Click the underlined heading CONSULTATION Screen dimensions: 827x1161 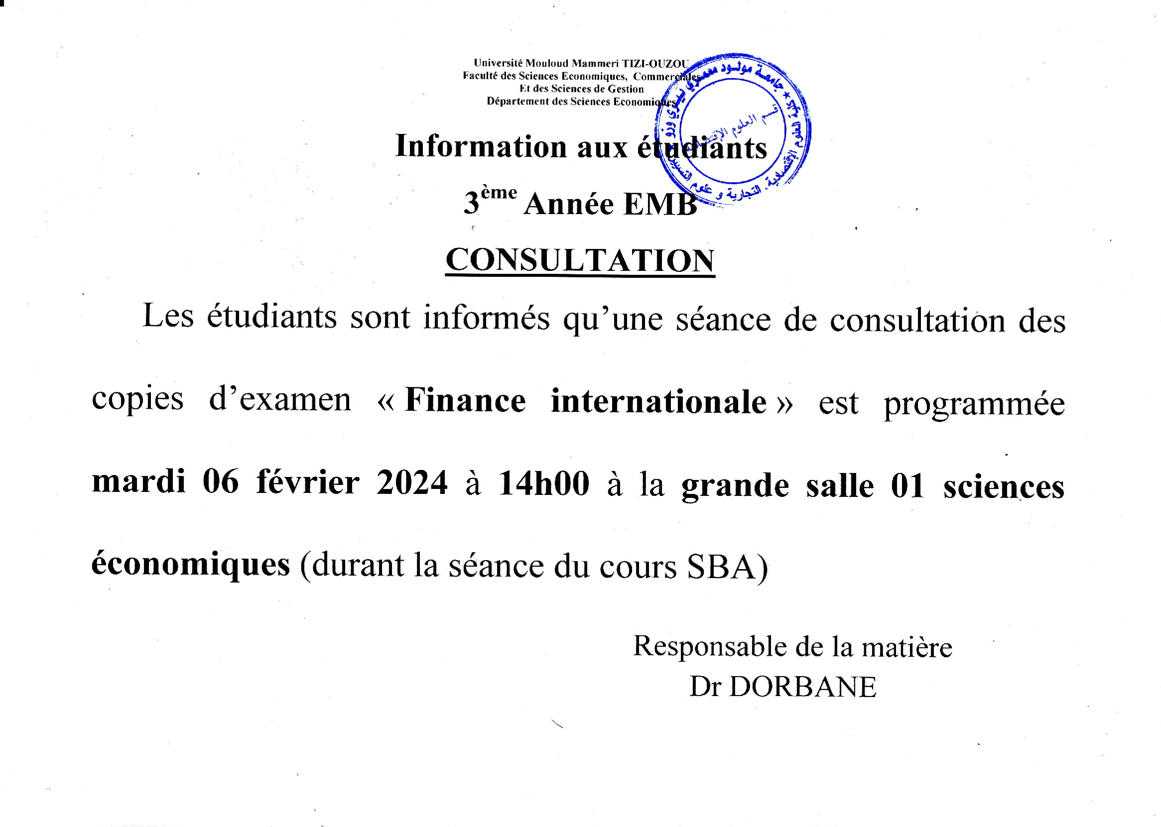(x=580, y=260)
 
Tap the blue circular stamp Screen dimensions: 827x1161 (x=733, y=130)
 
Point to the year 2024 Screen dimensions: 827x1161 (x=411, y=482)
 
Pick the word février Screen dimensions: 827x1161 (x=308, y=482)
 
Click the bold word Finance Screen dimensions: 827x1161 (x=465, y=401)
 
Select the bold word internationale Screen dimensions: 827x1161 (x=659, y=401)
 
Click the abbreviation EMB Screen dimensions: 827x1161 (x=660, y=205)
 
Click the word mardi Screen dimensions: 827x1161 (x=138, y=481)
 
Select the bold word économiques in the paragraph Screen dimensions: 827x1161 (x=191, y=565)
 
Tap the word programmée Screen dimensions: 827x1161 (x=974, y=405)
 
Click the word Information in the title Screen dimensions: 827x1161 (x=481, y=147)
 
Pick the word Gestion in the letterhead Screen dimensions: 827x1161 (x=626, y=89)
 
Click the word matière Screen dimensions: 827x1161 (x=907, y=648)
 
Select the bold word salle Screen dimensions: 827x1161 (x=840, y=486)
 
